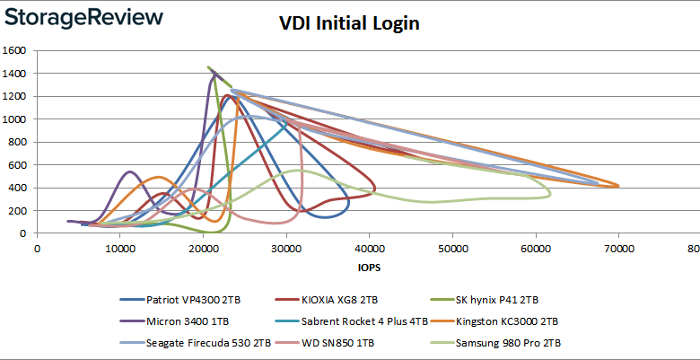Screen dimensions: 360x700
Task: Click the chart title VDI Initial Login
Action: (349, 23)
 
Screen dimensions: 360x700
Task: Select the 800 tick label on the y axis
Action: (19, 142)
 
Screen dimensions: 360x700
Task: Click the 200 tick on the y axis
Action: (19, 210)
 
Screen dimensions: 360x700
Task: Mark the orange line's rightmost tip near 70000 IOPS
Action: (618, 186)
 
